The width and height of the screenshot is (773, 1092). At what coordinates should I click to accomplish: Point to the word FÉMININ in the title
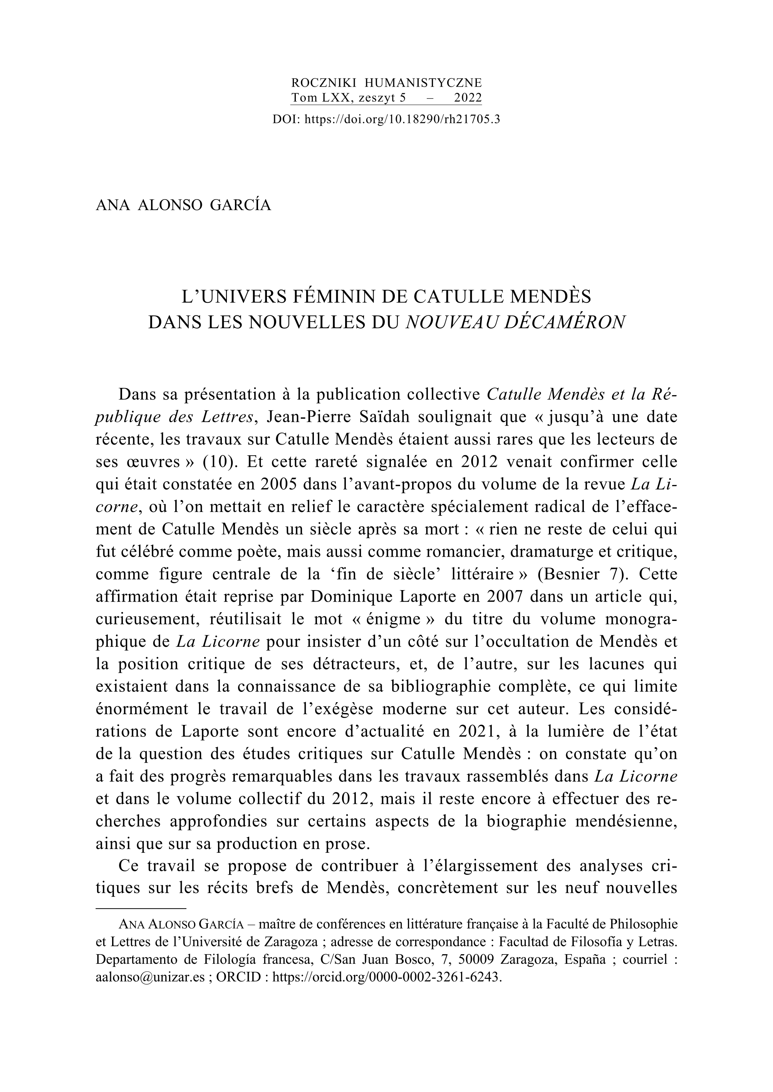point(327,297)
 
